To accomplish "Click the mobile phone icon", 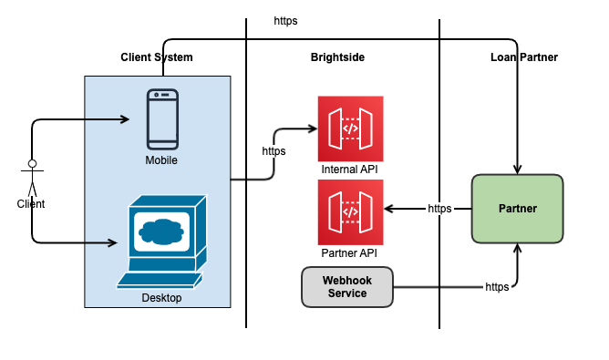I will pyautogui.click(x=162, y=118).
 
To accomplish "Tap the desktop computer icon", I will pyautogui.click(x=161, y=240).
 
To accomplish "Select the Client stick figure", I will pyautogui.click(x=32, y=179).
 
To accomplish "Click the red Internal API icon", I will pyautogui.click(x=350, y=129).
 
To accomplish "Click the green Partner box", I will pyautogui.click(x=518, y=209).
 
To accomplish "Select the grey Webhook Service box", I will pyautogui.click(x=347, y=286).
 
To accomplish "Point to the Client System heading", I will pyautogui.click(x=157, y=57).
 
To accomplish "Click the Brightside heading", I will pyautogui.click(x=337, y=57).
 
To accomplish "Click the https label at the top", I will pyautogui.click(x=285, y=20).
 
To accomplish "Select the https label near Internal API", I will pyautogui.click(x=274, y=151).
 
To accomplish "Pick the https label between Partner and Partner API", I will pyautogui.click(x=440, y=209).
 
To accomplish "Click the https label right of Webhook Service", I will pyautogui.click(x=497, y=286).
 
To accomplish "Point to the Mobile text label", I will pyautogui.click(x=161, y=160).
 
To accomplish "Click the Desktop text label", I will pyautogui.click(x=161, y=298).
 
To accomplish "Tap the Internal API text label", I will pyautogui.click(x=350, y=170).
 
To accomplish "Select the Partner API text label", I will pyautogui.click(x=350, y=252).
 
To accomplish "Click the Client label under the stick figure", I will pyautogui.click(x=31, y=204).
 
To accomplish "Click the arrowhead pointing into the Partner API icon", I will pyautogui.click(x=388, y=209).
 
